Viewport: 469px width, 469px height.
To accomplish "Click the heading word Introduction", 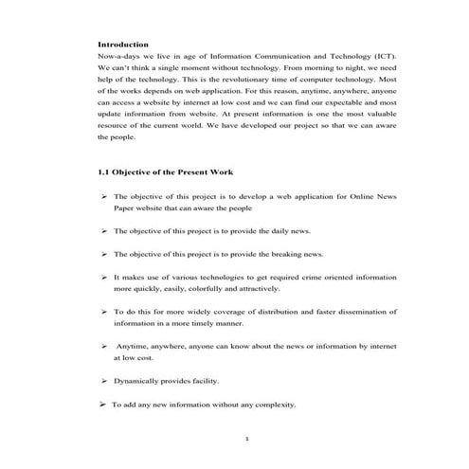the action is pos(123,45).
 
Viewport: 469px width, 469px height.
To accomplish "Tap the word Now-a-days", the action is pos(117,57).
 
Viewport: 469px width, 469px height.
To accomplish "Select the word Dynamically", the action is pos(137,381).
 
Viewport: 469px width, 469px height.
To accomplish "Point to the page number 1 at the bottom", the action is pos(245,440).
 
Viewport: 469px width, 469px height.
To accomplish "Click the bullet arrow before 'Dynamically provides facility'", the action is pos(103,381).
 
